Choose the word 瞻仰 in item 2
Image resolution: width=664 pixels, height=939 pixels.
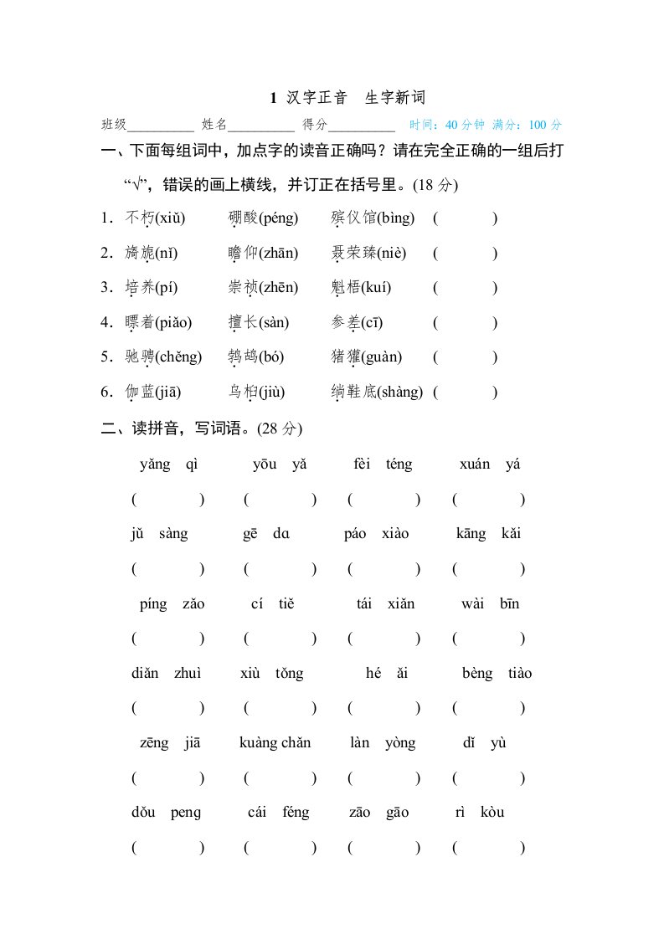[244, 254]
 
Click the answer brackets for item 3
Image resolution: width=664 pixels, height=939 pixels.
[465, 288]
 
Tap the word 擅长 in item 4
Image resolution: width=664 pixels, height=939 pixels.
[244, 323]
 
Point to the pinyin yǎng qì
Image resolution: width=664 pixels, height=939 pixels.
[168, 464]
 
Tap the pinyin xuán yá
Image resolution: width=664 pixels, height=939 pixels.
[490, 464]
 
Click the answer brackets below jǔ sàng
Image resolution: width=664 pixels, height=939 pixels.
[167, 569]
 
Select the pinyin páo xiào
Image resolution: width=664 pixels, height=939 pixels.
[376, 534]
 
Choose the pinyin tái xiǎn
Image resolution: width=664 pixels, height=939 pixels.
[385, 603]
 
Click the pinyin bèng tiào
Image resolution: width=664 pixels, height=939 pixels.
[497, 674]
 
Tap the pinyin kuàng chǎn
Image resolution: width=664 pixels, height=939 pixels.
[275, 743]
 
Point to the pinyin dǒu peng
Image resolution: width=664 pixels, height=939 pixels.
[167, 813]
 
